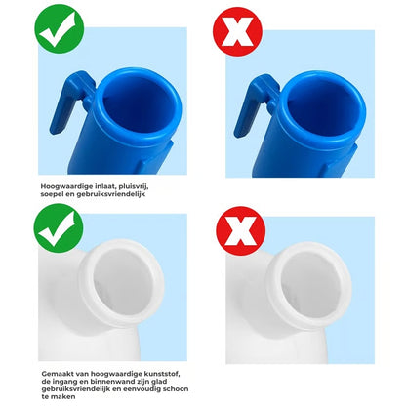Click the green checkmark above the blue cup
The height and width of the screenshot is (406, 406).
pyautogui.click(x=59, y=29)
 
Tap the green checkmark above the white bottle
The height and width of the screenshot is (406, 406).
pyautogui.click(x=59, y=228)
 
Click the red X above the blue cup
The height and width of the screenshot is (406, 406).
pyautogui.click(x=237, y=31)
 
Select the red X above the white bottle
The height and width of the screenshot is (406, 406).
pyautogui.click(x=241, y=230)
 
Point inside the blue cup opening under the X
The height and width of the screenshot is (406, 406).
pyautogui.click(x=322, y=106)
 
